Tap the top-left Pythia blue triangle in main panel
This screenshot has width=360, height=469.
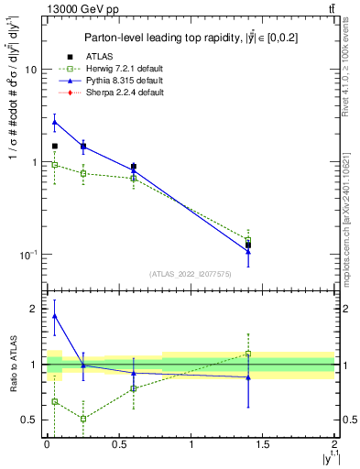click(x=55, y=122)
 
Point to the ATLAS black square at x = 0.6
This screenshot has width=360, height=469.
click(x=134, y=168)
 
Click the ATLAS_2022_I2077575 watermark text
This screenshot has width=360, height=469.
click(x=190, y=274)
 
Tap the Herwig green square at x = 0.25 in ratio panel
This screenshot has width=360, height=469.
click(x=83, y=419)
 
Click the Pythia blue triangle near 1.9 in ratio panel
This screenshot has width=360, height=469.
click(x=55, y=316)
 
